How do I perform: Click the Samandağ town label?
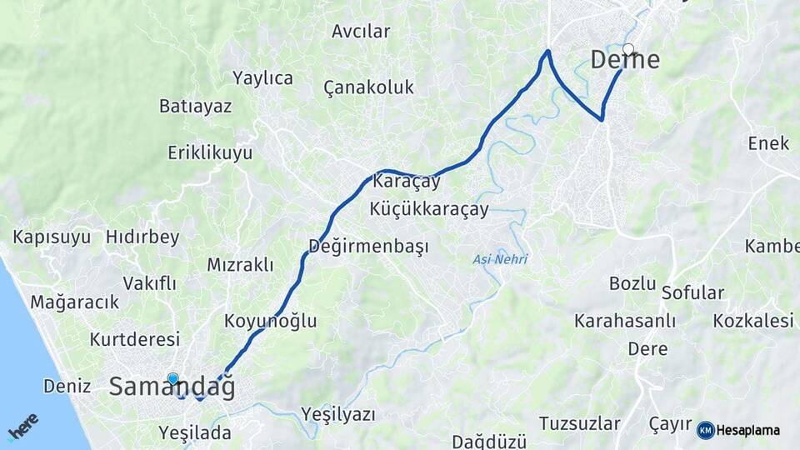(x=172, y=387)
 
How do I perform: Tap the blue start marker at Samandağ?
(x=172, y=379)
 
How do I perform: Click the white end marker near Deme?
(x=628, y=49)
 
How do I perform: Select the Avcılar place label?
(x=361, y=32)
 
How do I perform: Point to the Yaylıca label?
(x=262, y=78)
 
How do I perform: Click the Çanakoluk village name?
(x=368, y=87)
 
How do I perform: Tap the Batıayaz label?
(x=195, y=107)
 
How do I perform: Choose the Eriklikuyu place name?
(x=209, y=153)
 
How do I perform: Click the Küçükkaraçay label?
(x=429, y=209)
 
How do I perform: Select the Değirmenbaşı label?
(x=368, y=247)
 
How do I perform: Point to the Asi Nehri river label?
(x=500, y=259)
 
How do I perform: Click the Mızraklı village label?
(x=240, y=265)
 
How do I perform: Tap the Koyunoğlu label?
(x=270, y=321)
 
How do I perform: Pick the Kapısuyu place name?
(x=52, y=237)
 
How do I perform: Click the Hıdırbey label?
(x=142, y=237)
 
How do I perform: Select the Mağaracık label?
(x=75, y=302)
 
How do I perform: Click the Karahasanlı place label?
(x=624, y=321)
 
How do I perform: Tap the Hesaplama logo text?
(x=747, y=431)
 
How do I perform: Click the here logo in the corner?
(x=22, y=427)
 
